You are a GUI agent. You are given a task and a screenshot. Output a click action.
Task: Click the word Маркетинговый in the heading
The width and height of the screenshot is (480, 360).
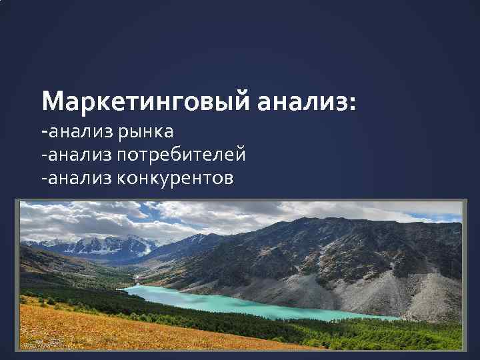tap(145, 101)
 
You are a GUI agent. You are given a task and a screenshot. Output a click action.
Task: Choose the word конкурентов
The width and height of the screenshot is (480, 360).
tap(175, 178)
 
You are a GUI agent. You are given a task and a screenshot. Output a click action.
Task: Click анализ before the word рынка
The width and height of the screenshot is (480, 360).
tap(81, 131)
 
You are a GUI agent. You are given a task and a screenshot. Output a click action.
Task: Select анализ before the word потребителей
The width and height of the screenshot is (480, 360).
tap(81, 155)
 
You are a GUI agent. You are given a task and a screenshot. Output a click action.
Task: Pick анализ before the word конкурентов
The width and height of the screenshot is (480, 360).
tap(81, 178)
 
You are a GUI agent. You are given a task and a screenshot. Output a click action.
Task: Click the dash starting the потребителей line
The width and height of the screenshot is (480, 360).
tap(43, 156)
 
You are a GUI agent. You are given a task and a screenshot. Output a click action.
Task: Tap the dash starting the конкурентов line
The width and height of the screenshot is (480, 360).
tap(43, 179)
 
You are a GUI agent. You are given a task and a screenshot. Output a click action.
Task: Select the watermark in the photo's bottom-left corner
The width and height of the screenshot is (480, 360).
tap(48, 345)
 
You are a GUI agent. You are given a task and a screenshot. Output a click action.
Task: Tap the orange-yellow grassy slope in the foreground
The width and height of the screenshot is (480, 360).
tap(133, 330)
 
